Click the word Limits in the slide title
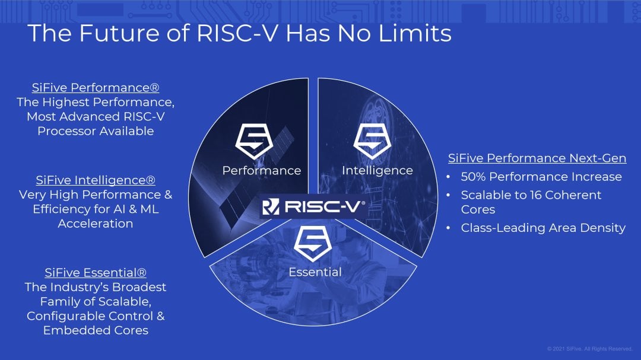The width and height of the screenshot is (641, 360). [x=415, y=33]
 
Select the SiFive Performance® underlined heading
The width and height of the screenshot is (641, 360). [x=96, y=87]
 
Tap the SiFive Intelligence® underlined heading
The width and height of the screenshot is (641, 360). [x=96, y=180]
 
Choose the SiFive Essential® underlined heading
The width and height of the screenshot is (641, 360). [x=96, y=273]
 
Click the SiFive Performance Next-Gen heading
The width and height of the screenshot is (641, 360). [x=537, y=158]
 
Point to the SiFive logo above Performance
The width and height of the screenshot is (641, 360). [x=254, y=142]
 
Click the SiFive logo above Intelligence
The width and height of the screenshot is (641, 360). [x=372, y=142]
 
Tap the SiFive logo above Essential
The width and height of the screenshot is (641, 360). [x=313, y=244]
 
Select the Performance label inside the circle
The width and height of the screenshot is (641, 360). [x=262, y=170]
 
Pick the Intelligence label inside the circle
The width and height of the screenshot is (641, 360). [x=377, y=170]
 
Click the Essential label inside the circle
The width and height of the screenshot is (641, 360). [x=315, y=272]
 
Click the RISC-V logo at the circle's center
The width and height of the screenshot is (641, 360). [x=313, y=206]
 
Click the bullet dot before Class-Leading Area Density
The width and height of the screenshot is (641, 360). [x=449, y=228]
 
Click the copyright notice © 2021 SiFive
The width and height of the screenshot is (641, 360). [x=590, y=349]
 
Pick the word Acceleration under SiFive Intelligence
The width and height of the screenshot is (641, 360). [x=96, y=224]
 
